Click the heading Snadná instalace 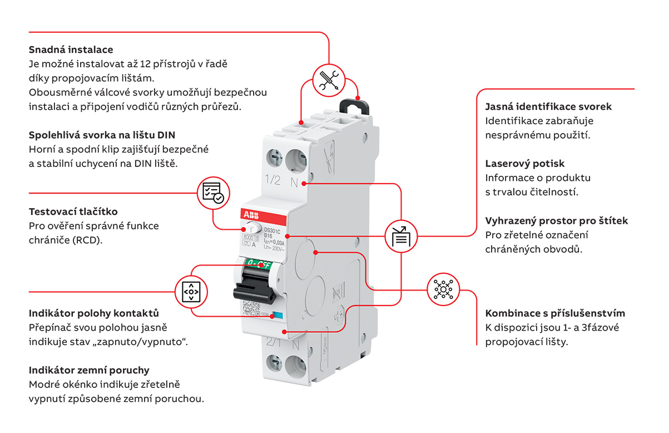tap(71, 50)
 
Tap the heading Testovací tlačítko tap(73, 211)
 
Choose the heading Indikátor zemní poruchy tap(89, 370)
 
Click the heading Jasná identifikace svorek tap(548, 106)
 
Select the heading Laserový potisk tap(524, 164)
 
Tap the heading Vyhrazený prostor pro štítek tap(557, 220)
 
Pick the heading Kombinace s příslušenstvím tap(555, 313)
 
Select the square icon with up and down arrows tap(191, 291)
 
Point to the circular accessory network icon tap(443, 288)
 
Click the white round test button tap(252, 228)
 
